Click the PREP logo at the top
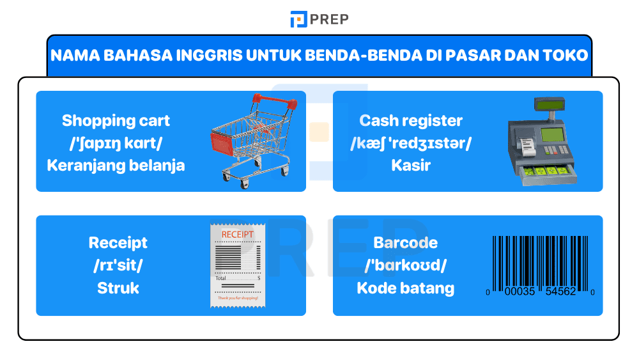319,19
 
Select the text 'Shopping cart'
116,120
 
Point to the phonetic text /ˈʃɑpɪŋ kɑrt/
116,143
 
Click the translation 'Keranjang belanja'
116,165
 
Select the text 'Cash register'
411,120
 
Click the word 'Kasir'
411,165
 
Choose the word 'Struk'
118,288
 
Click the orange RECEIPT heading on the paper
237,235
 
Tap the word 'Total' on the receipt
220,279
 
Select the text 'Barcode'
405,243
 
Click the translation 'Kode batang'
405,288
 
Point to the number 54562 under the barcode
561,292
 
